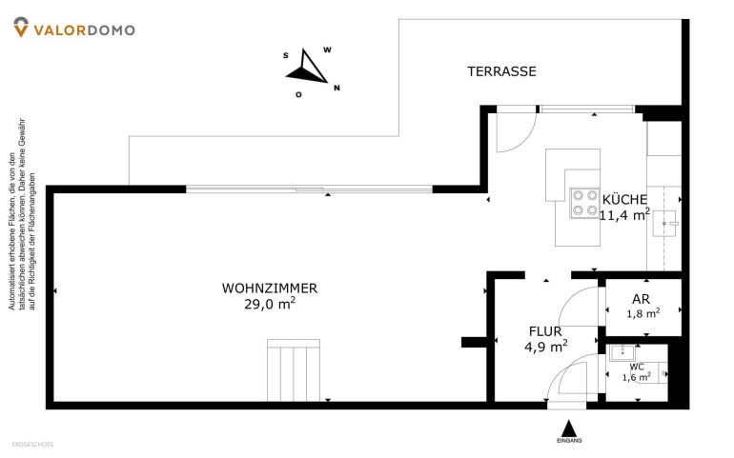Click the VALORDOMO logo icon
pyautogui.click(x=20, y=30)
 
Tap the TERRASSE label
pyautogui.click(x=501, y=71)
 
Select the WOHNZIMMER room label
pyautogui.click(x=270, y=288)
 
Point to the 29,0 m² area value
pyautogui.click(x=270, y=305)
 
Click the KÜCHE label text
pyautogui.click(x=625, y=199)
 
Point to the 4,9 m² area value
pyautogui.click(x=545, y=347)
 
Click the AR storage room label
pyautogui.click(x=642, y=296)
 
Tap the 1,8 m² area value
pyautogui.click(x=642, y=312)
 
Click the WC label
pyautogui.click(x=636, y=366)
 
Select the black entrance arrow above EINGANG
pyautogui.click(x=569, y=428)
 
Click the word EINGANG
pyautogui.click(x=569, y=442)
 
